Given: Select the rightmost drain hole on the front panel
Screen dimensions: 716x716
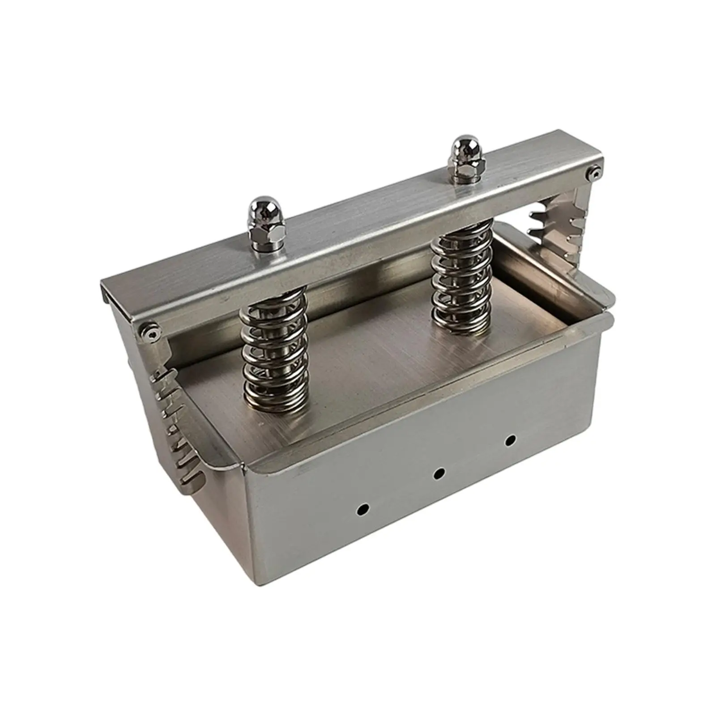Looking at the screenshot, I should click(509, 440).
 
